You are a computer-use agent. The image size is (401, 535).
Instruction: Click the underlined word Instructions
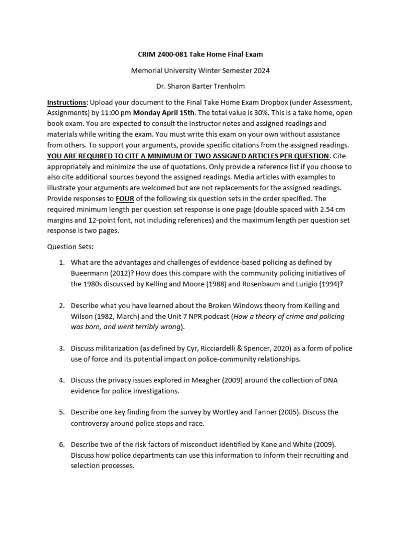click(x=66, y=102)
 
